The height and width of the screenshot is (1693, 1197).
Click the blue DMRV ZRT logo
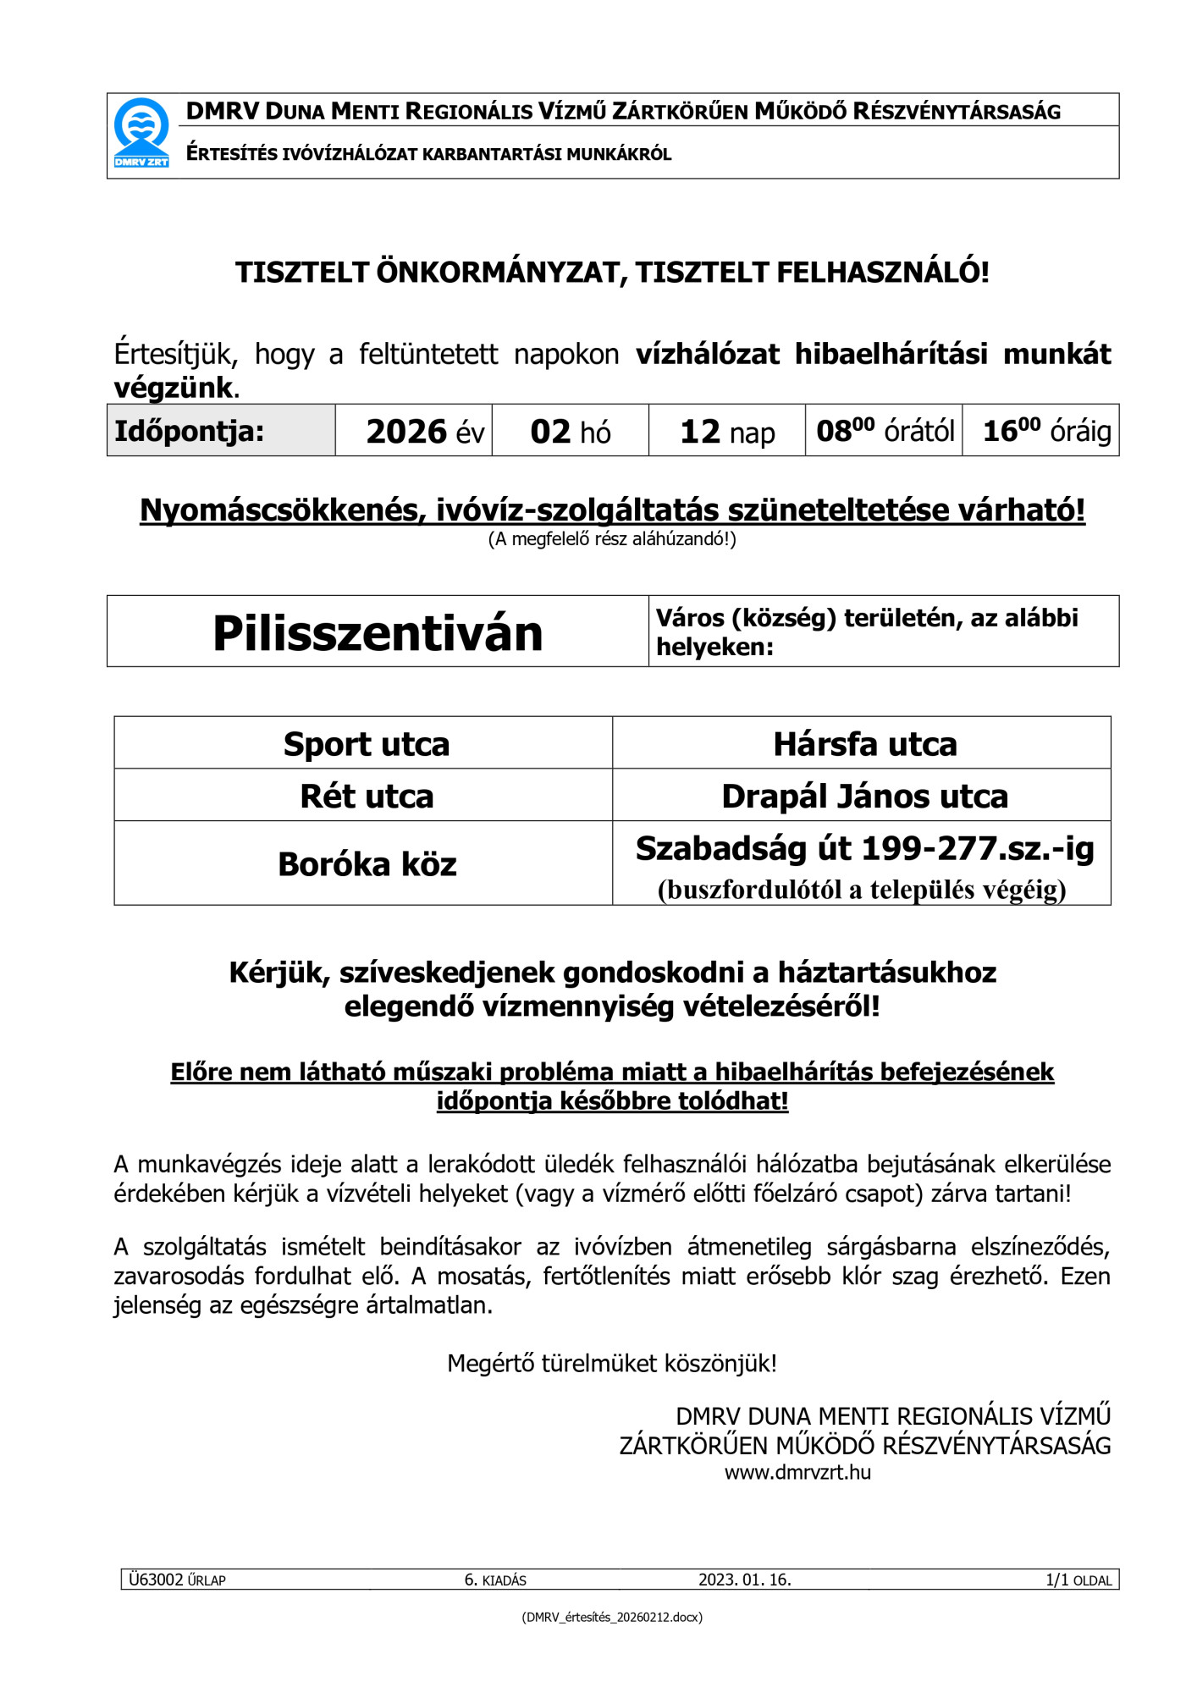(141, 133)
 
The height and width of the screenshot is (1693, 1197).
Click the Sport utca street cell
(366, 744)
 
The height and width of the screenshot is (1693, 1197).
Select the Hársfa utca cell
(864, 744)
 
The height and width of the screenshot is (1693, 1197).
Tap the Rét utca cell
(366, 797)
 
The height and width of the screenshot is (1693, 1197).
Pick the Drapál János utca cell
(864, 797)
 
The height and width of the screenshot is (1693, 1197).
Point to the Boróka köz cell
(366, 864)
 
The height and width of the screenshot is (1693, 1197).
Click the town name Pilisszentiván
(378, 633)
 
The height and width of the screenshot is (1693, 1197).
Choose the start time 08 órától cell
(885, 431)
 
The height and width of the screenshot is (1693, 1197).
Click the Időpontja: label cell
(190, 432)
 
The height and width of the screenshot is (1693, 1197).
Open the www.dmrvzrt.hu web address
(797, 1473)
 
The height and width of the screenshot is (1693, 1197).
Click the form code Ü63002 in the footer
(156, 1580)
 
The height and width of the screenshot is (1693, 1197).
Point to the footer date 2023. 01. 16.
(744, 1580)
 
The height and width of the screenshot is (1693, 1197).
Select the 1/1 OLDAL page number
(1078, 1580)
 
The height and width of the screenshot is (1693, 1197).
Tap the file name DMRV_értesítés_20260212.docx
(612, 1617)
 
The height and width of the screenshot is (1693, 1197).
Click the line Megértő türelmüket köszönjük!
(612, 1364)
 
